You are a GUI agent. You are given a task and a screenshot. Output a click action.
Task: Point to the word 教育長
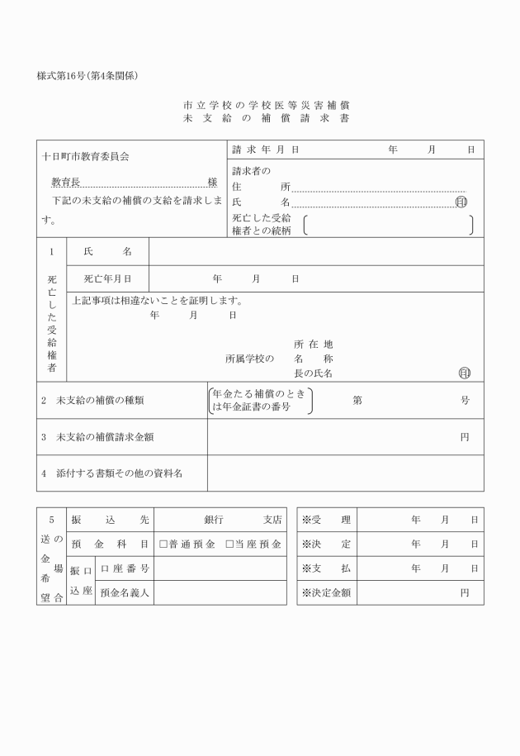point(65,182)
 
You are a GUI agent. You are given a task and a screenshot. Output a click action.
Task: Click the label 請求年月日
point(265,150)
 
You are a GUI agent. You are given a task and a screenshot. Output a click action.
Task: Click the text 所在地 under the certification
point(313,344)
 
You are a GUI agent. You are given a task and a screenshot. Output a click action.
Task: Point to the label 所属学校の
point(249,359)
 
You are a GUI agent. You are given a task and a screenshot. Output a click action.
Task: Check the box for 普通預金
point(163,544)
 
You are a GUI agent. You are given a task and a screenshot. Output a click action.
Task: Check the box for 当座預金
point(230,544)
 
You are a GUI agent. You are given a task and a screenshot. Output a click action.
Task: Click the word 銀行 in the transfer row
point(214,520)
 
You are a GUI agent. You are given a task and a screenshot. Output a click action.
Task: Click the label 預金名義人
point(125,592)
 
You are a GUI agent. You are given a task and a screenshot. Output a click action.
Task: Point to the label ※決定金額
point(327,592)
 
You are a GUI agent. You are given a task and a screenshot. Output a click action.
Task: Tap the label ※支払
point(327,568)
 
